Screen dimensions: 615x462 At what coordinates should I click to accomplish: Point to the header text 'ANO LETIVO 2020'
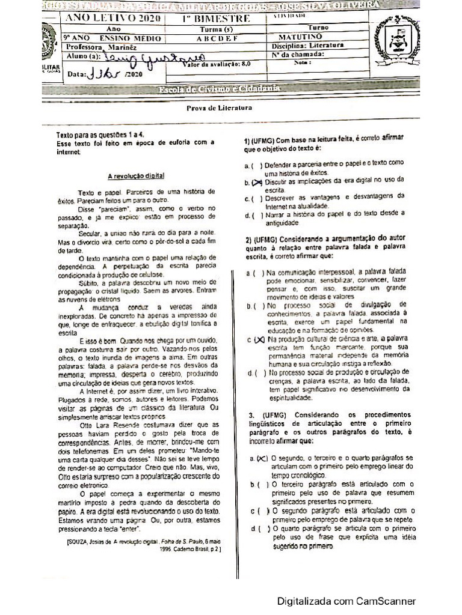click(x=113, y=18)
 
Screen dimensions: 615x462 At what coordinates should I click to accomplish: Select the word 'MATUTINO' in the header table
click(x=307, y=37)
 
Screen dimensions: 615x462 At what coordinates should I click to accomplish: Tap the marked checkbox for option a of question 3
click(x=260, y=458)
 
